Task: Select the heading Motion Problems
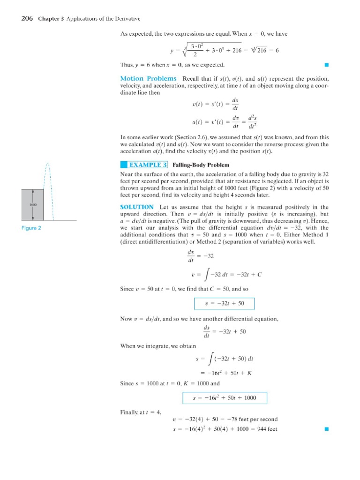149,78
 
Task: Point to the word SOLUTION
137,207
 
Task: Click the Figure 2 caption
31,228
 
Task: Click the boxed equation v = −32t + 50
225,303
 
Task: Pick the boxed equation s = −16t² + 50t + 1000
225,398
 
